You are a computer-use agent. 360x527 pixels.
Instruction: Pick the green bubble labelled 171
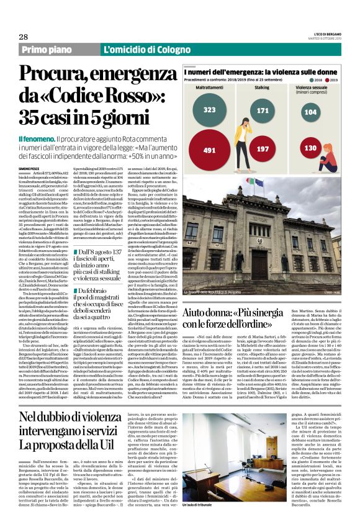click(263, 110)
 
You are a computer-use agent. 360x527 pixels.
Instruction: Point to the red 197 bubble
click(263, 149)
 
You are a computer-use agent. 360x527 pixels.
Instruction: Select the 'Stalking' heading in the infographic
click(263, 89)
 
